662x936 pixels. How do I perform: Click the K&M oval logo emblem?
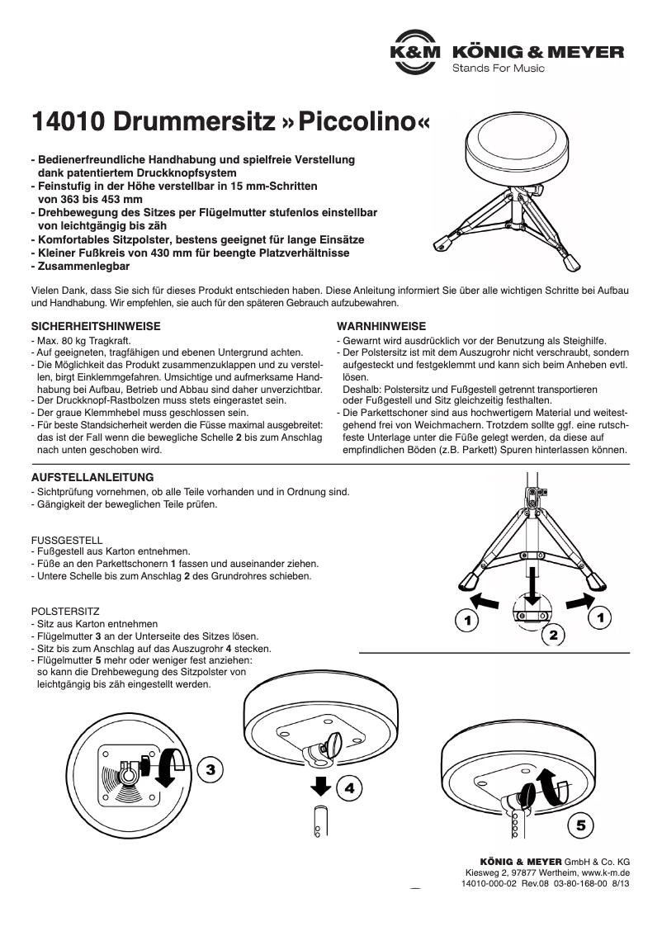[x=417, y=52]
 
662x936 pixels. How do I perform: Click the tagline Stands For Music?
[x=498, y=69]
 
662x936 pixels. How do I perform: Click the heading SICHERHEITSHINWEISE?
[x=95, y=327]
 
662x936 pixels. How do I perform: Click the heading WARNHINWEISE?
[x=381, y=327]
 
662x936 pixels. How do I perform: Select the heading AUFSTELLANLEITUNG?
[x=92, y=478]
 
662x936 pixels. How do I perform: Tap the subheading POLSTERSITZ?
[x=65, y=612]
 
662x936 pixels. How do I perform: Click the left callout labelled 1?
[x=467, y=618]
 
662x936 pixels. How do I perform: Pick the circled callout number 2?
[x=553, y=635]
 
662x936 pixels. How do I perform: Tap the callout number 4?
[x=349, y=788]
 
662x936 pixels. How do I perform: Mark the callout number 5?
[x=581, y=825]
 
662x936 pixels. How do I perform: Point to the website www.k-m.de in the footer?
[x=606, y=872]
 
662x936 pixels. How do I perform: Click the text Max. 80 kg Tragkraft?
[x=81, y=340]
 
